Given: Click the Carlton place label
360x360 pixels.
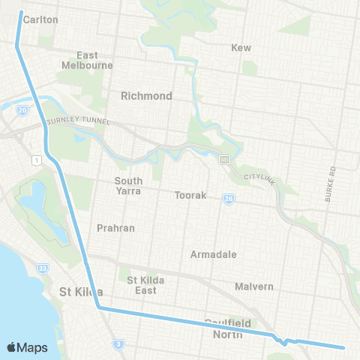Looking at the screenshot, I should click(x=40, y=19).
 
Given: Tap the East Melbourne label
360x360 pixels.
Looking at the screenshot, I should click(x=87, y=60).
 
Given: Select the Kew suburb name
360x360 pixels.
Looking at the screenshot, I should click(x=241, y=47).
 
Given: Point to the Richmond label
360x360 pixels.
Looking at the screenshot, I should click(x=146, y=96).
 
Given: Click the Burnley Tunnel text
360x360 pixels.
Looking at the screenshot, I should click(x=78, y=121).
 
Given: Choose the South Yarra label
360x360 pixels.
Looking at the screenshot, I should click(x=128, y=185).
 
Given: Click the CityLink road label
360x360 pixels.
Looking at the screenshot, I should click(x=260, y=178).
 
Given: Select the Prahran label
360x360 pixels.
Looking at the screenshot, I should click(x=115, y=227).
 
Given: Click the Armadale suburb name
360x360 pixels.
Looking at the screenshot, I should click(x=213, y=254).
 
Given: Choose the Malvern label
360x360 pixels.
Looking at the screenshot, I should click(x=253, y=286).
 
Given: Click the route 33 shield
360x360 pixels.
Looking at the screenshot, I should click(x=43, y=267).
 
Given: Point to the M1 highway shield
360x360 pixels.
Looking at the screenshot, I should click(x=35, y=159).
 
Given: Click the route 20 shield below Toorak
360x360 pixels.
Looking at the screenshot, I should click(x=227, y=199).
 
